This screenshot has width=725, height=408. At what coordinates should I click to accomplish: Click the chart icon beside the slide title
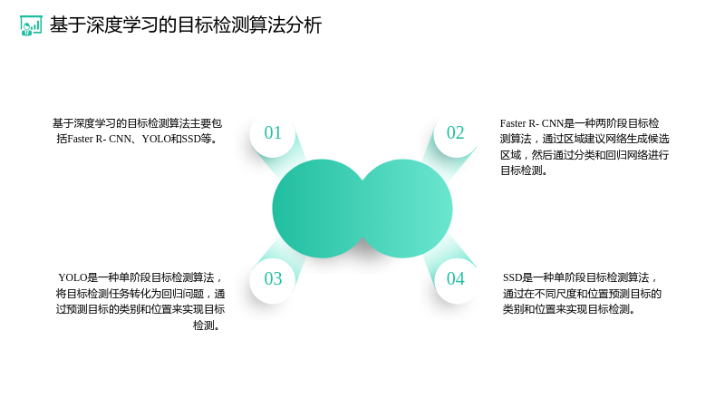tap(31, 25)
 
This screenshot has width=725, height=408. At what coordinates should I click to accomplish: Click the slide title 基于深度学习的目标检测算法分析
tap(186, 25)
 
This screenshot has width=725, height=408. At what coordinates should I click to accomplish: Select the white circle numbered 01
tap(273, 133)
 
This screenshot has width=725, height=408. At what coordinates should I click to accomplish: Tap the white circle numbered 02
tap(456, 133)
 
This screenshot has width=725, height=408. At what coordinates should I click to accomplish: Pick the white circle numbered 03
tap(273, 279)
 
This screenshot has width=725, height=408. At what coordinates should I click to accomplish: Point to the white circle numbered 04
tap(456, 279)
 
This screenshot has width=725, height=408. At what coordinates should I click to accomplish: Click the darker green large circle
tap(319, 209)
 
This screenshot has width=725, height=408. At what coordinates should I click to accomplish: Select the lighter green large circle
tap(406, 209)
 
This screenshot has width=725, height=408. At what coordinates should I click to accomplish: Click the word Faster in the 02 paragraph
tap(513, 123)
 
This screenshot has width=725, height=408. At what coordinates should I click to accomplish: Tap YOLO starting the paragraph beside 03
tap(72, 277)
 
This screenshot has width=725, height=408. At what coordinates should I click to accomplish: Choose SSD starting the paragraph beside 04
tap(512, 277)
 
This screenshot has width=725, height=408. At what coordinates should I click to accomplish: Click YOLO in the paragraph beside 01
tap(156, 139)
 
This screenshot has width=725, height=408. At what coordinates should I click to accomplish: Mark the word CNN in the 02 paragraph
tap(553, 123)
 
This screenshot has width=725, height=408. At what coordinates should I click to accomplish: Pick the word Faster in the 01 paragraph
tap(80, 139)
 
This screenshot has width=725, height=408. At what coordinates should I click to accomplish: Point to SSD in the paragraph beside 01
tap(191, 139)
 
